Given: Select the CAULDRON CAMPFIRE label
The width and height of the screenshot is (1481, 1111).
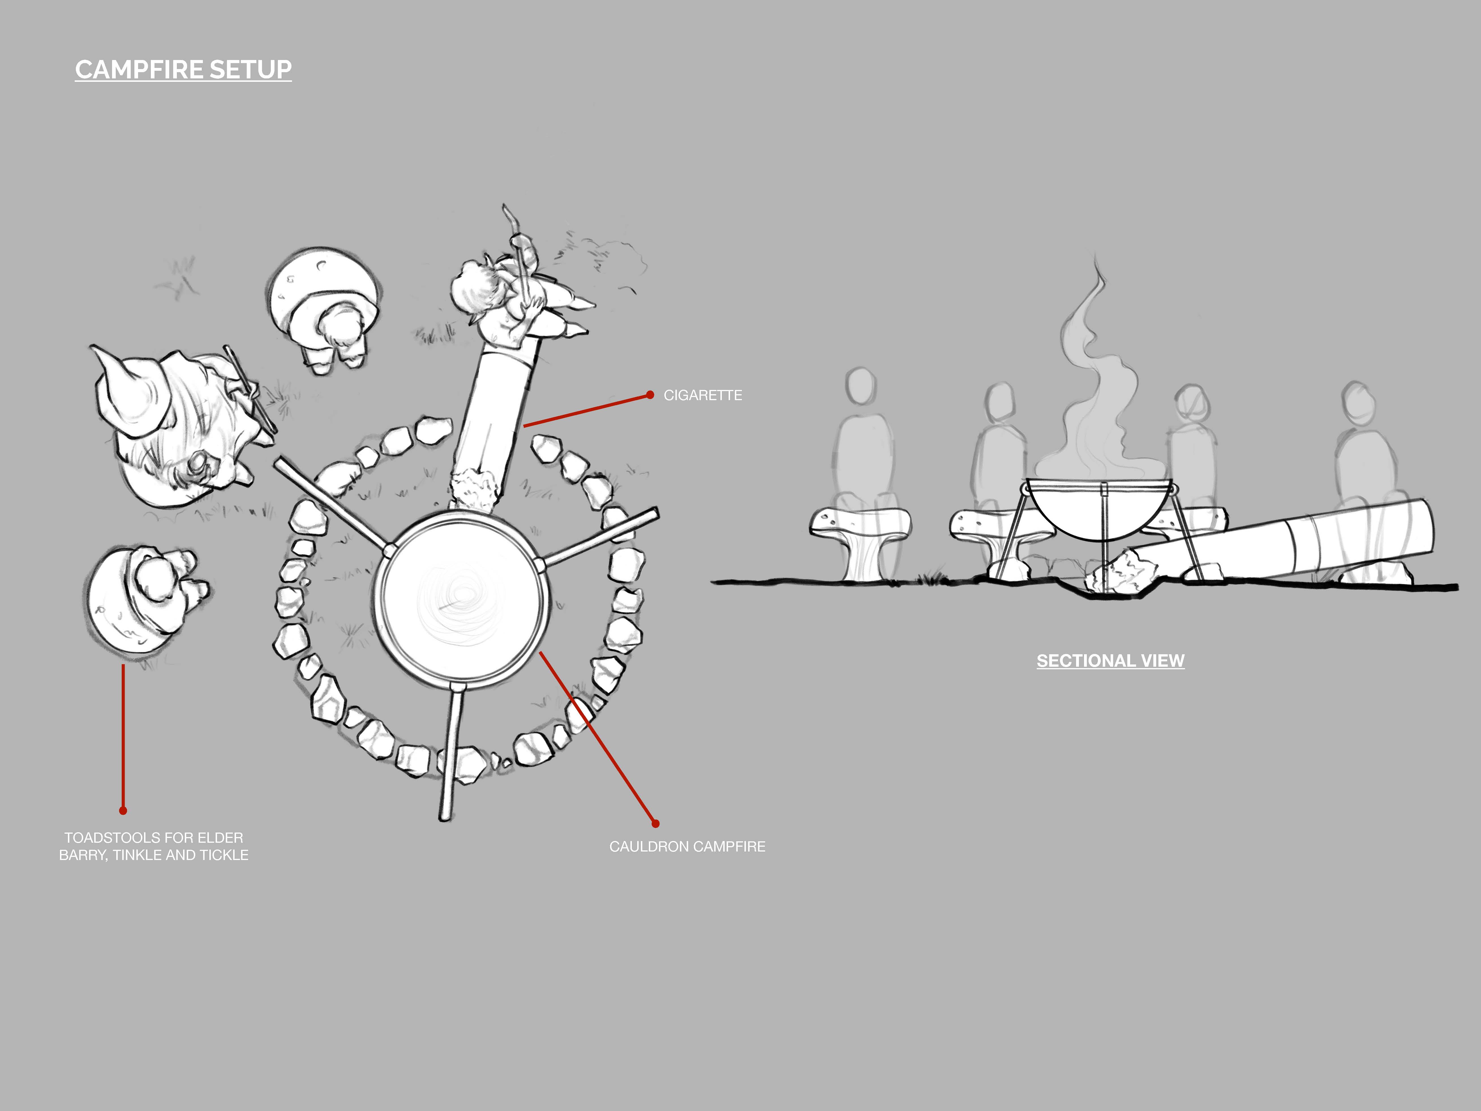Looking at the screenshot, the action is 687,846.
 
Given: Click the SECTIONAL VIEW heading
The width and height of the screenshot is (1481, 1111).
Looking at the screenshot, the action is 1110,661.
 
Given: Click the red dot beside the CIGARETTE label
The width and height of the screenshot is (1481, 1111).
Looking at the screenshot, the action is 649,395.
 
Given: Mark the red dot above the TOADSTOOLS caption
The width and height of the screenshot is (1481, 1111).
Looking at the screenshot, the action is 123,810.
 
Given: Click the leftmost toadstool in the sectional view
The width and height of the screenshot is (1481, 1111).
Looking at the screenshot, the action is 860,536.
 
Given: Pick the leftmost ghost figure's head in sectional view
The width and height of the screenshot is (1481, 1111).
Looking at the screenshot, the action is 860,385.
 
